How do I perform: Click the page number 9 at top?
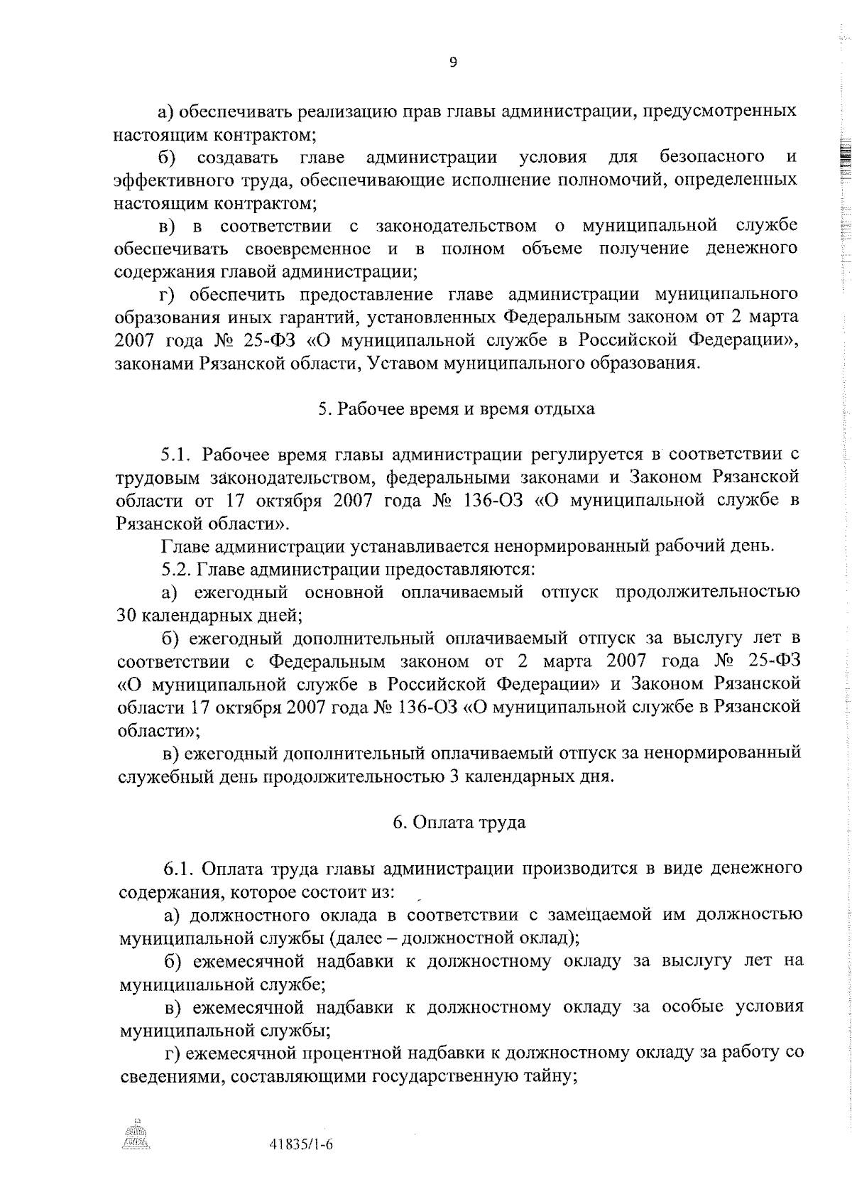pyautogui.click(x=453, y=63)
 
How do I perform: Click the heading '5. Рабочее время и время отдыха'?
pyautogui.click(x=456, y=409)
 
